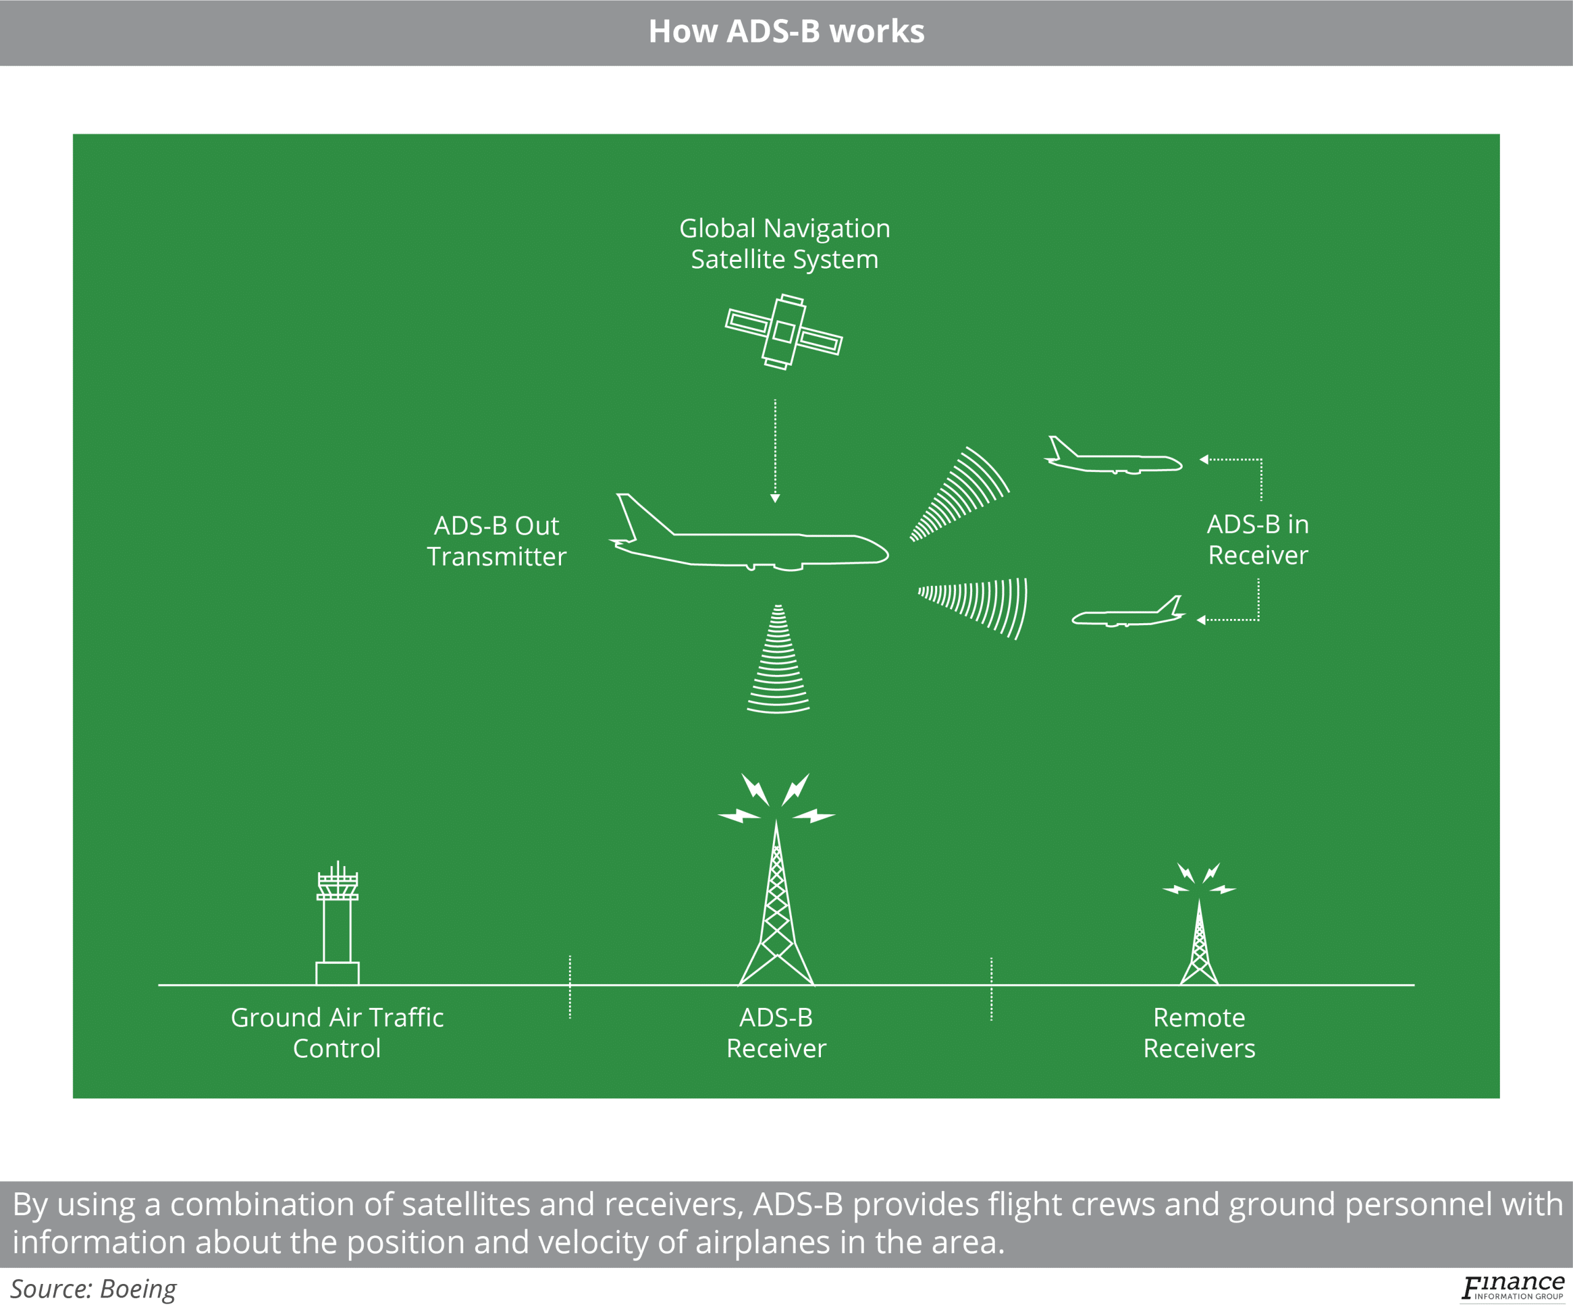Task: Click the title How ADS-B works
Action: [x=786, y=31]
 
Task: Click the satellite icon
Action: [x=783, y=332]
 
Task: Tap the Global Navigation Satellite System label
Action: [x=784, y=243]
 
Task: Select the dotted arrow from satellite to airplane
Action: [x=775, y=449]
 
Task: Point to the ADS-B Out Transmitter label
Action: [x=496, y=541]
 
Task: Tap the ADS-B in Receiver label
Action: [x=1258, y=540]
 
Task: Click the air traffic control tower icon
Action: [x=337, y=925]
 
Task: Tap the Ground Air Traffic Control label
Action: [x=337, y=1033]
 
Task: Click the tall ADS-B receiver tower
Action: [x=777, y=914]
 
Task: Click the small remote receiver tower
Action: [x=1199, y=948]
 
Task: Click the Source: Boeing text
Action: [x=93, y=1288]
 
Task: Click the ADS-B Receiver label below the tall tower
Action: [x=776, y=1033]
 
